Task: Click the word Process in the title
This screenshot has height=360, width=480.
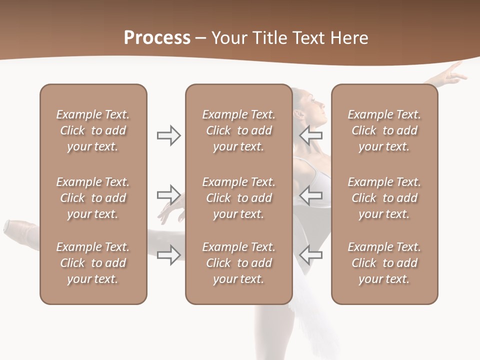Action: click(x=157, y=38)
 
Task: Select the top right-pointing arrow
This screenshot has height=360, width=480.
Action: click(x=169, y=135)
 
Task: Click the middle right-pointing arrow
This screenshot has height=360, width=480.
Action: click(x=169, y=195)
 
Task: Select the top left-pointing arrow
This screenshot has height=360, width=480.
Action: click(x=310, y=135)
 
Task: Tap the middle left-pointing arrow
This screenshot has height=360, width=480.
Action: click(x=310, y=195)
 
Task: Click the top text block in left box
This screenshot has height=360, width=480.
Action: click(x=93, y=130)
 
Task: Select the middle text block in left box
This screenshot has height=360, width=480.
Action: click(x=93, y=198)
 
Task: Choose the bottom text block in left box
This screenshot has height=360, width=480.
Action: click(x=93, y=263)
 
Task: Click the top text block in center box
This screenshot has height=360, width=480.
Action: click(x=238, y=130)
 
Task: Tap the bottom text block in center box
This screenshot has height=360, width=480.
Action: click(x=238, y=263)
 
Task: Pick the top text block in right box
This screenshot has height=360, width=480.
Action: click(x=384, y=130)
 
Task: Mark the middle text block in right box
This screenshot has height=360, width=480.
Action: click(x=384, y=198)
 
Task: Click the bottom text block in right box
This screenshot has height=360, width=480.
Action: click(x=384, y=263)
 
